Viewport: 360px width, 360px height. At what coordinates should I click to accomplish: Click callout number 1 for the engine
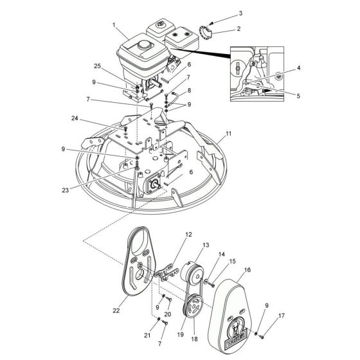point(114,25)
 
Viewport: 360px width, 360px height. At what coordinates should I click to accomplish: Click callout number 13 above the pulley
point(206,246)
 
